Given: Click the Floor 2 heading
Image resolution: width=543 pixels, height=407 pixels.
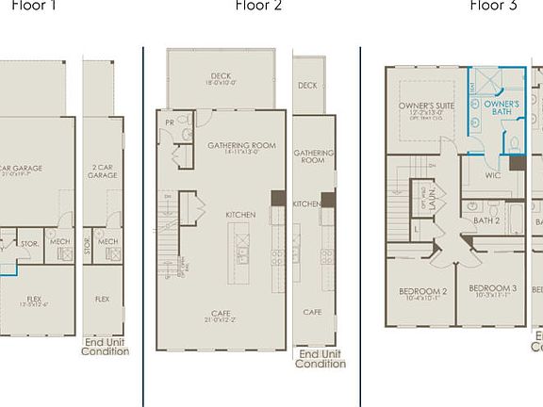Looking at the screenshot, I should [x=257, y=6].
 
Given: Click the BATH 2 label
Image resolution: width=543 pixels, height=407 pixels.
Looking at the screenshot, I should [x=486, y=220].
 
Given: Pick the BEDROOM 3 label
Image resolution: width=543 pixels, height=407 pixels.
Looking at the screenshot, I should [x=492, y=288].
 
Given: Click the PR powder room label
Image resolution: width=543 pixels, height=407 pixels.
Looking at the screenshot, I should [x=168, y=122].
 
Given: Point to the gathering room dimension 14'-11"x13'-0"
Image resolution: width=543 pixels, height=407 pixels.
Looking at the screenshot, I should [x=241, y=153].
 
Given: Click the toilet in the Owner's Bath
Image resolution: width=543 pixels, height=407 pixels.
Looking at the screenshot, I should [x=516, y=143].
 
